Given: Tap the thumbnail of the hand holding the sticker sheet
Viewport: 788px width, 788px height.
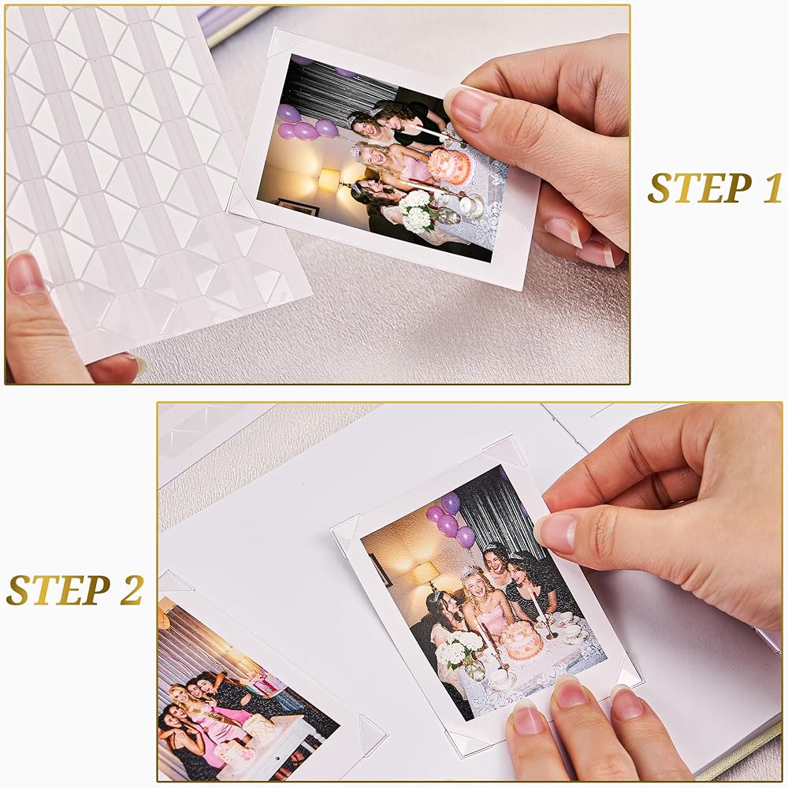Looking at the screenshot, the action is point(24,274).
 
